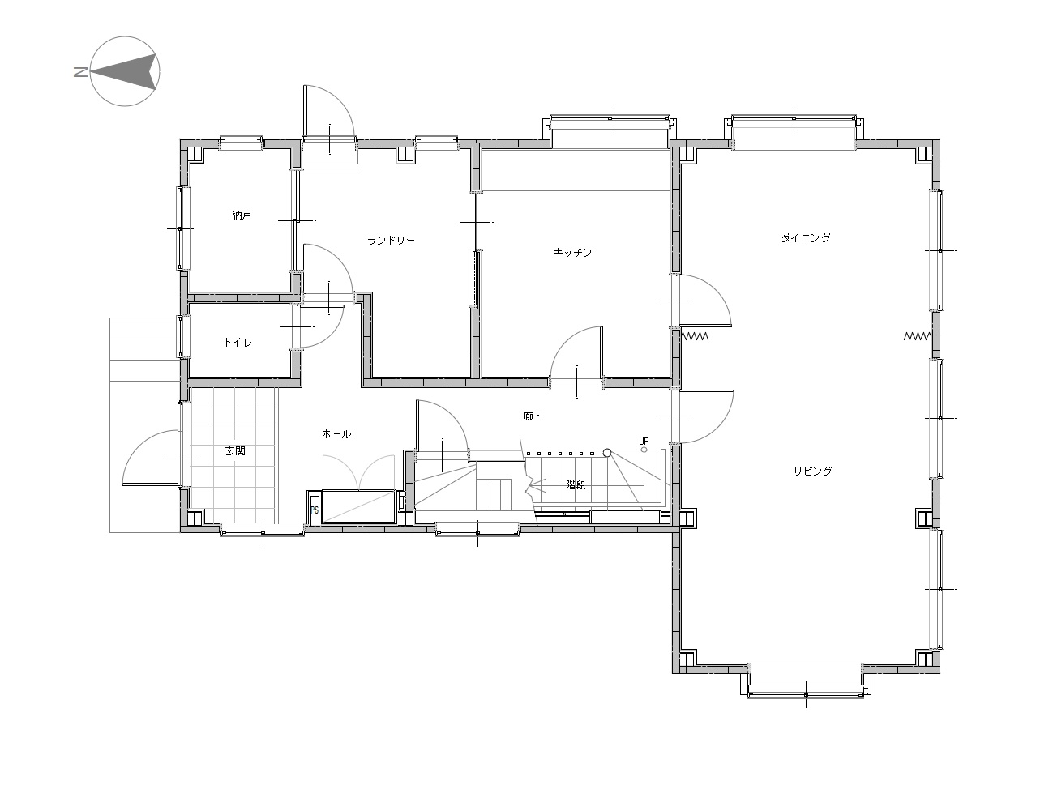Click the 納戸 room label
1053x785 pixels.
[242, 215]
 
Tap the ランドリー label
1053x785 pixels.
[391, 240]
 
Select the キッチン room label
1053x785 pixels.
[572, 252]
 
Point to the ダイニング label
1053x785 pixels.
[806, 237]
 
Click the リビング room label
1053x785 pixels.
[813, 471]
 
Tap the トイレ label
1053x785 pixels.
[238, 342]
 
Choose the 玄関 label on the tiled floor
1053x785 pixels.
[236, 450]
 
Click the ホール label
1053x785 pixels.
[336, 433]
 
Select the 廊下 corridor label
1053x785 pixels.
[533, 416]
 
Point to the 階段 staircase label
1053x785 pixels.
[576, 485]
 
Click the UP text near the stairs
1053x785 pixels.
[644, 441]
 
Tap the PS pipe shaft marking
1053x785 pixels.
[315, 510]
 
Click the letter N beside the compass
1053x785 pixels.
[80, 72]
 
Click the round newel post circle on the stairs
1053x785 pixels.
[607, 452]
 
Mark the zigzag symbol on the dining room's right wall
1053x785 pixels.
[917, 336]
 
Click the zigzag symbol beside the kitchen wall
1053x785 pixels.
[696, 336]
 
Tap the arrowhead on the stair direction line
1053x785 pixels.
[531, 485]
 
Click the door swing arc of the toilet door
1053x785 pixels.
[331, 329]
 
